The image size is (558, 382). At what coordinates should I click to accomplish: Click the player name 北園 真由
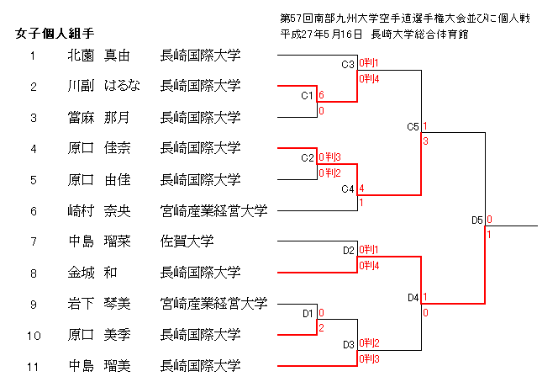tap(99, 56)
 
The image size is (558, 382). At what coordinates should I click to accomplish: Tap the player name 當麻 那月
tap(99, 117)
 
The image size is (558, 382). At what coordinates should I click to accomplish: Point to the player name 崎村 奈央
tap(99, 210)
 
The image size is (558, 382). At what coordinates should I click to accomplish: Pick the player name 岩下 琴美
tap(99, 304)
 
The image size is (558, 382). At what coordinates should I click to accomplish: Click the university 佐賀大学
tap(187, 241)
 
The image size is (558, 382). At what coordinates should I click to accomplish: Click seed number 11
tap(33, 366)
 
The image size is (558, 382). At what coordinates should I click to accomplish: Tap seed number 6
tap(33, 210)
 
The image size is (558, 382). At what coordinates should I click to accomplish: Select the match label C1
tap(308, 95)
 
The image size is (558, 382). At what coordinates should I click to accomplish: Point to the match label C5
tap(413, 127)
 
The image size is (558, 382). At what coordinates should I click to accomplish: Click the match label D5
tap(476, 220)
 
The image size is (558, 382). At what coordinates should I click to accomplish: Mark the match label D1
tap(308, 313)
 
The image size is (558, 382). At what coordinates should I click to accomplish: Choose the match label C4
tap(348, 188)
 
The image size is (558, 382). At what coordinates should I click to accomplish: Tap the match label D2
tap(349, 250)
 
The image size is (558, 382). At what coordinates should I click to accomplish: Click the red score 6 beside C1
tap(322, 95)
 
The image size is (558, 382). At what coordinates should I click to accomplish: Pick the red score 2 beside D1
tap(321, 327)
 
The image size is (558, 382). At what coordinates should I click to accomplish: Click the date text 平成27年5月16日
tap(322, 34)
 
